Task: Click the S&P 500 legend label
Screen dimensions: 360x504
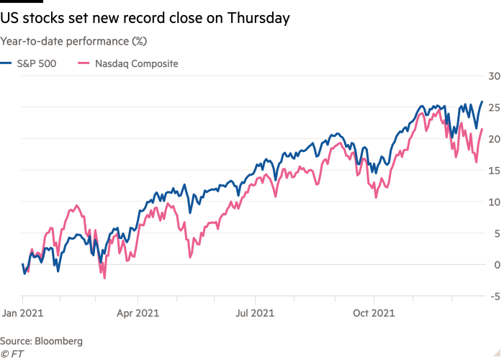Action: tap(35, 63)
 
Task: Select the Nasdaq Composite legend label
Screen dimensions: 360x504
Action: tap(136, 63)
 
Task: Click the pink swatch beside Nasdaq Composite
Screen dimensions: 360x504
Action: tap(83, 63)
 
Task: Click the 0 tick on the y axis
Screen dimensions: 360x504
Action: tap(495, 265)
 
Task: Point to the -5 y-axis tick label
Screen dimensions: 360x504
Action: tap(493, 296)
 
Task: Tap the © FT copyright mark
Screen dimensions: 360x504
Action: tap(11, 353)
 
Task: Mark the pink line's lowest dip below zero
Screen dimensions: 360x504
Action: tap(104, 277)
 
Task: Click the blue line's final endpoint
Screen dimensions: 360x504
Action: tap(482, 102)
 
